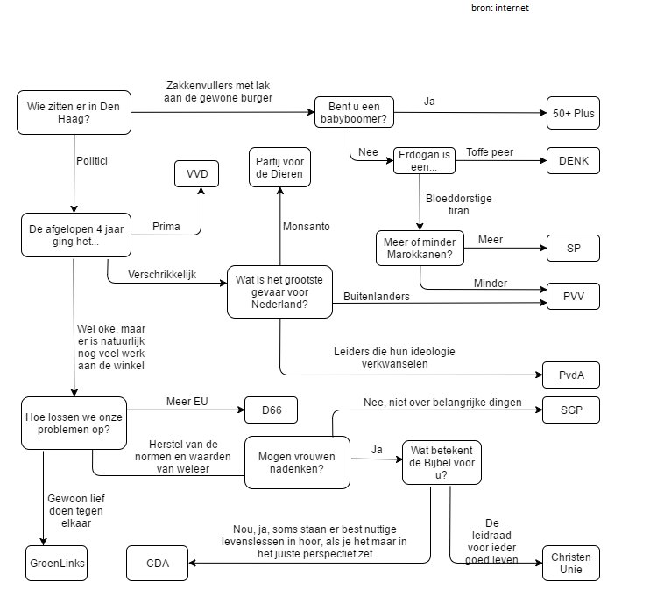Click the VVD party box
pos(196,173)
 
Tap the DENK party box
pos(573,161)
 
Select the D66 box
pos(271,410)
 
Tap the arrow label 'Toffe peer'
pos(489,151)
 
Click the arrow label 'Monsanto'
pos(306,227)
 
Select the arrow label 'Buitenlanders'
pos(376,297)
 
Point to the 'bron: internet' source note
pos(499,7)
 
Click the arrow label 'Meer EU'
pos(187,402)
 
